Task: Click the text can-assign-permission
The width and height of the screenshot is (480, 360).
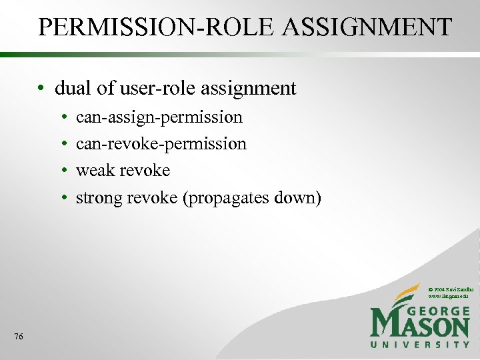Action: pos(159,118)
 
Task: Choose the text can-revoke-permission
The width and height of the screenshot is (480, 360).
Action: pos(161,144)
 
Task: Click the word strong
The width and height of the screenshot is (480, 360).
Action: pos(99,198)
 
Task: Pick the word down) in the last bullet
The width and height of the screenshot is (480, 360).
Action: pos(297,197)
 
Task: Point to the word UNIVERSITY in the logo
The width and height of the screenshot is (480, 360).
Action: pos(420,344)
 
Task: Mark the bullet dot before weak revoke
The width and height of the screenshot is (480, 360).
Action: pos(63,171)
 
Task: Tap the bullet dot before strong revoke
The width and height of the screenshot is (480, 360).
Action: pos(63,199)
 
